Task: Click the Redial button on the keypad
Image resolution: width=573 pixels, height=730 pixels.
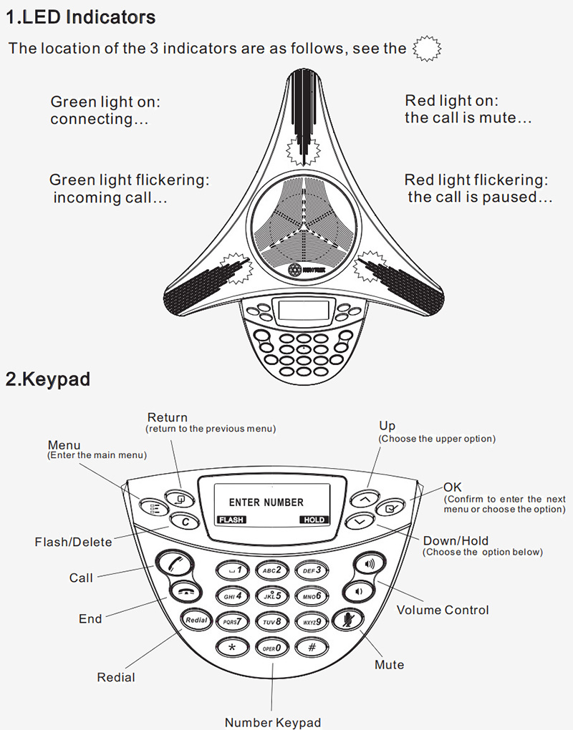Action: coord(196,620)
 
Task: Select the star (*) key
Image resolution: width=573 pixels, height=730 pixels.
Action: coord(231,647)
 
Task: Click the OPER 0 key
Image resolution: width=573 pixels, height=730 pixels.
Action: coord(271,647)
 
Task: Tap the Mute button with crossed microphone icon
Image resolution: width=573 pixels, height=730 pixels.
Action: coord(349,620)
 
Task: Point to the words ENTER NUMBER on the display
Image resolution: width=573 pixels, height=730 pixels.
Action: coord(266,502)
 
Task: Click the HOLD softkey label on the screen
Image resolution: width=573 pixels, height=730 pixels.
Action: coord(314,520)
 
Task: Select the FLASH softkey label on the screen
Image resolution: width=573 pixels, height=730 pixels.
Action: coord(231,520)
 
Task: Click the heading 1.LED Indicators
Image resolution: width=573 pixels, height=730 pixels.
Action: coord(80,16)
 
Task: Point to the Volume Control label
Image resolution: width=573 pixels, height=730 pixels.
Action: coord(443,610)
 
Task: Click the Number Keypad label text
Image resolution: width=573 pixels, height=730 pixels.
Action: coord(273,722)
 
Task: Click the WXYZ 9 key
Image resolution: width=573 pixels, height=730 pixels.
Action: coord(312,621)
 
